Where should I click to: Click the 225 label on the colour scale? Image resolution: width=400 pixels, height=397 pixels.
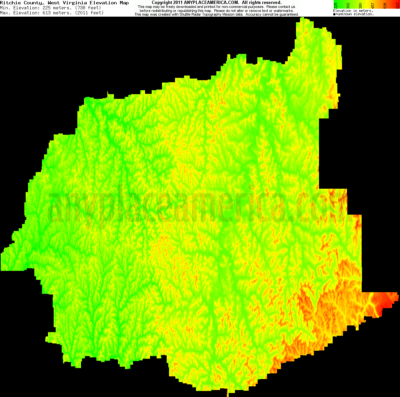[x=335, y=5]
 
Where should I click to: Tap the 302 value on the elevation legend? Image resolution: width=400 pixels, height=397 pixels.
[x=348, y=5]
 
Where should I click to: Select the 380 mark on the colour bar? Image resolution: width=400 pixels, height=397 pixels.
[x=360, y=5]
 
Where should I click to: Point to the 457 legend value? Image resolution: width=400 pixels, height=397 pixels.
[x=373, y=5]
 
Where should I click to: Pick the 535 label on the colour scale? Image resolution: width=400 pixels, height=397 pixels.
[x=385, y=5]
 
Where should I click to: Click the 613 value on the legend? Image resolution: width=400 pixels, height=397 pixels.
[x=397, y=5]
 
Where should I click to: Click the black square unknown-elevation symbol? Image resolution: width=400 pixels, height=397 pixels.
[x=334, y=14]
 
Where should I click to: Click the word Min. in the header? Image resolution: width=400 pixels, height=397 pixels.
[x=5, y=8]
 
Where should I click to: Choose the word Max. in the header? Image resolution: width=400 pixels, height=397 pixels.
[x=5, y=13]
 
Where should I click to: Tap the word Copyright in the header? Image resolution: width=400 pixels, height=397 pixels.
[x=162, y=3]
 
